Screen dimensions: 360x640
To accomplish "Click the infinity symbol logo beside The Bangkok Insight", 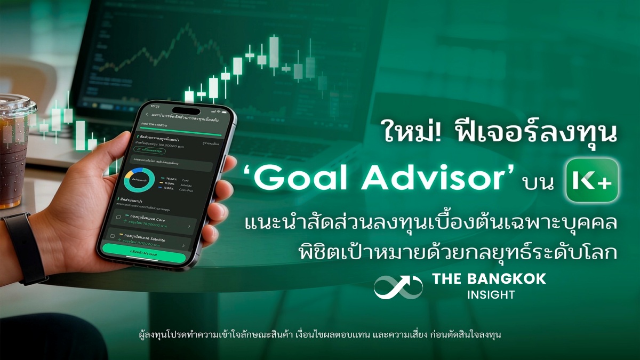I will pos(398,286).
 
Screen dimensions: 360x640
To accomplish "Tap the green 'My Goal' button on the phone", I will pos(145,257).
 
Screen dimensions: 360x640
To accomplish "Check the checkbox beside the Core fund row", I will pos(118,217).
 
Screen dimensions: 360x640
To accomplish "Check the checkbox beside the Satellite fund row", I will pos(113,235).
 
